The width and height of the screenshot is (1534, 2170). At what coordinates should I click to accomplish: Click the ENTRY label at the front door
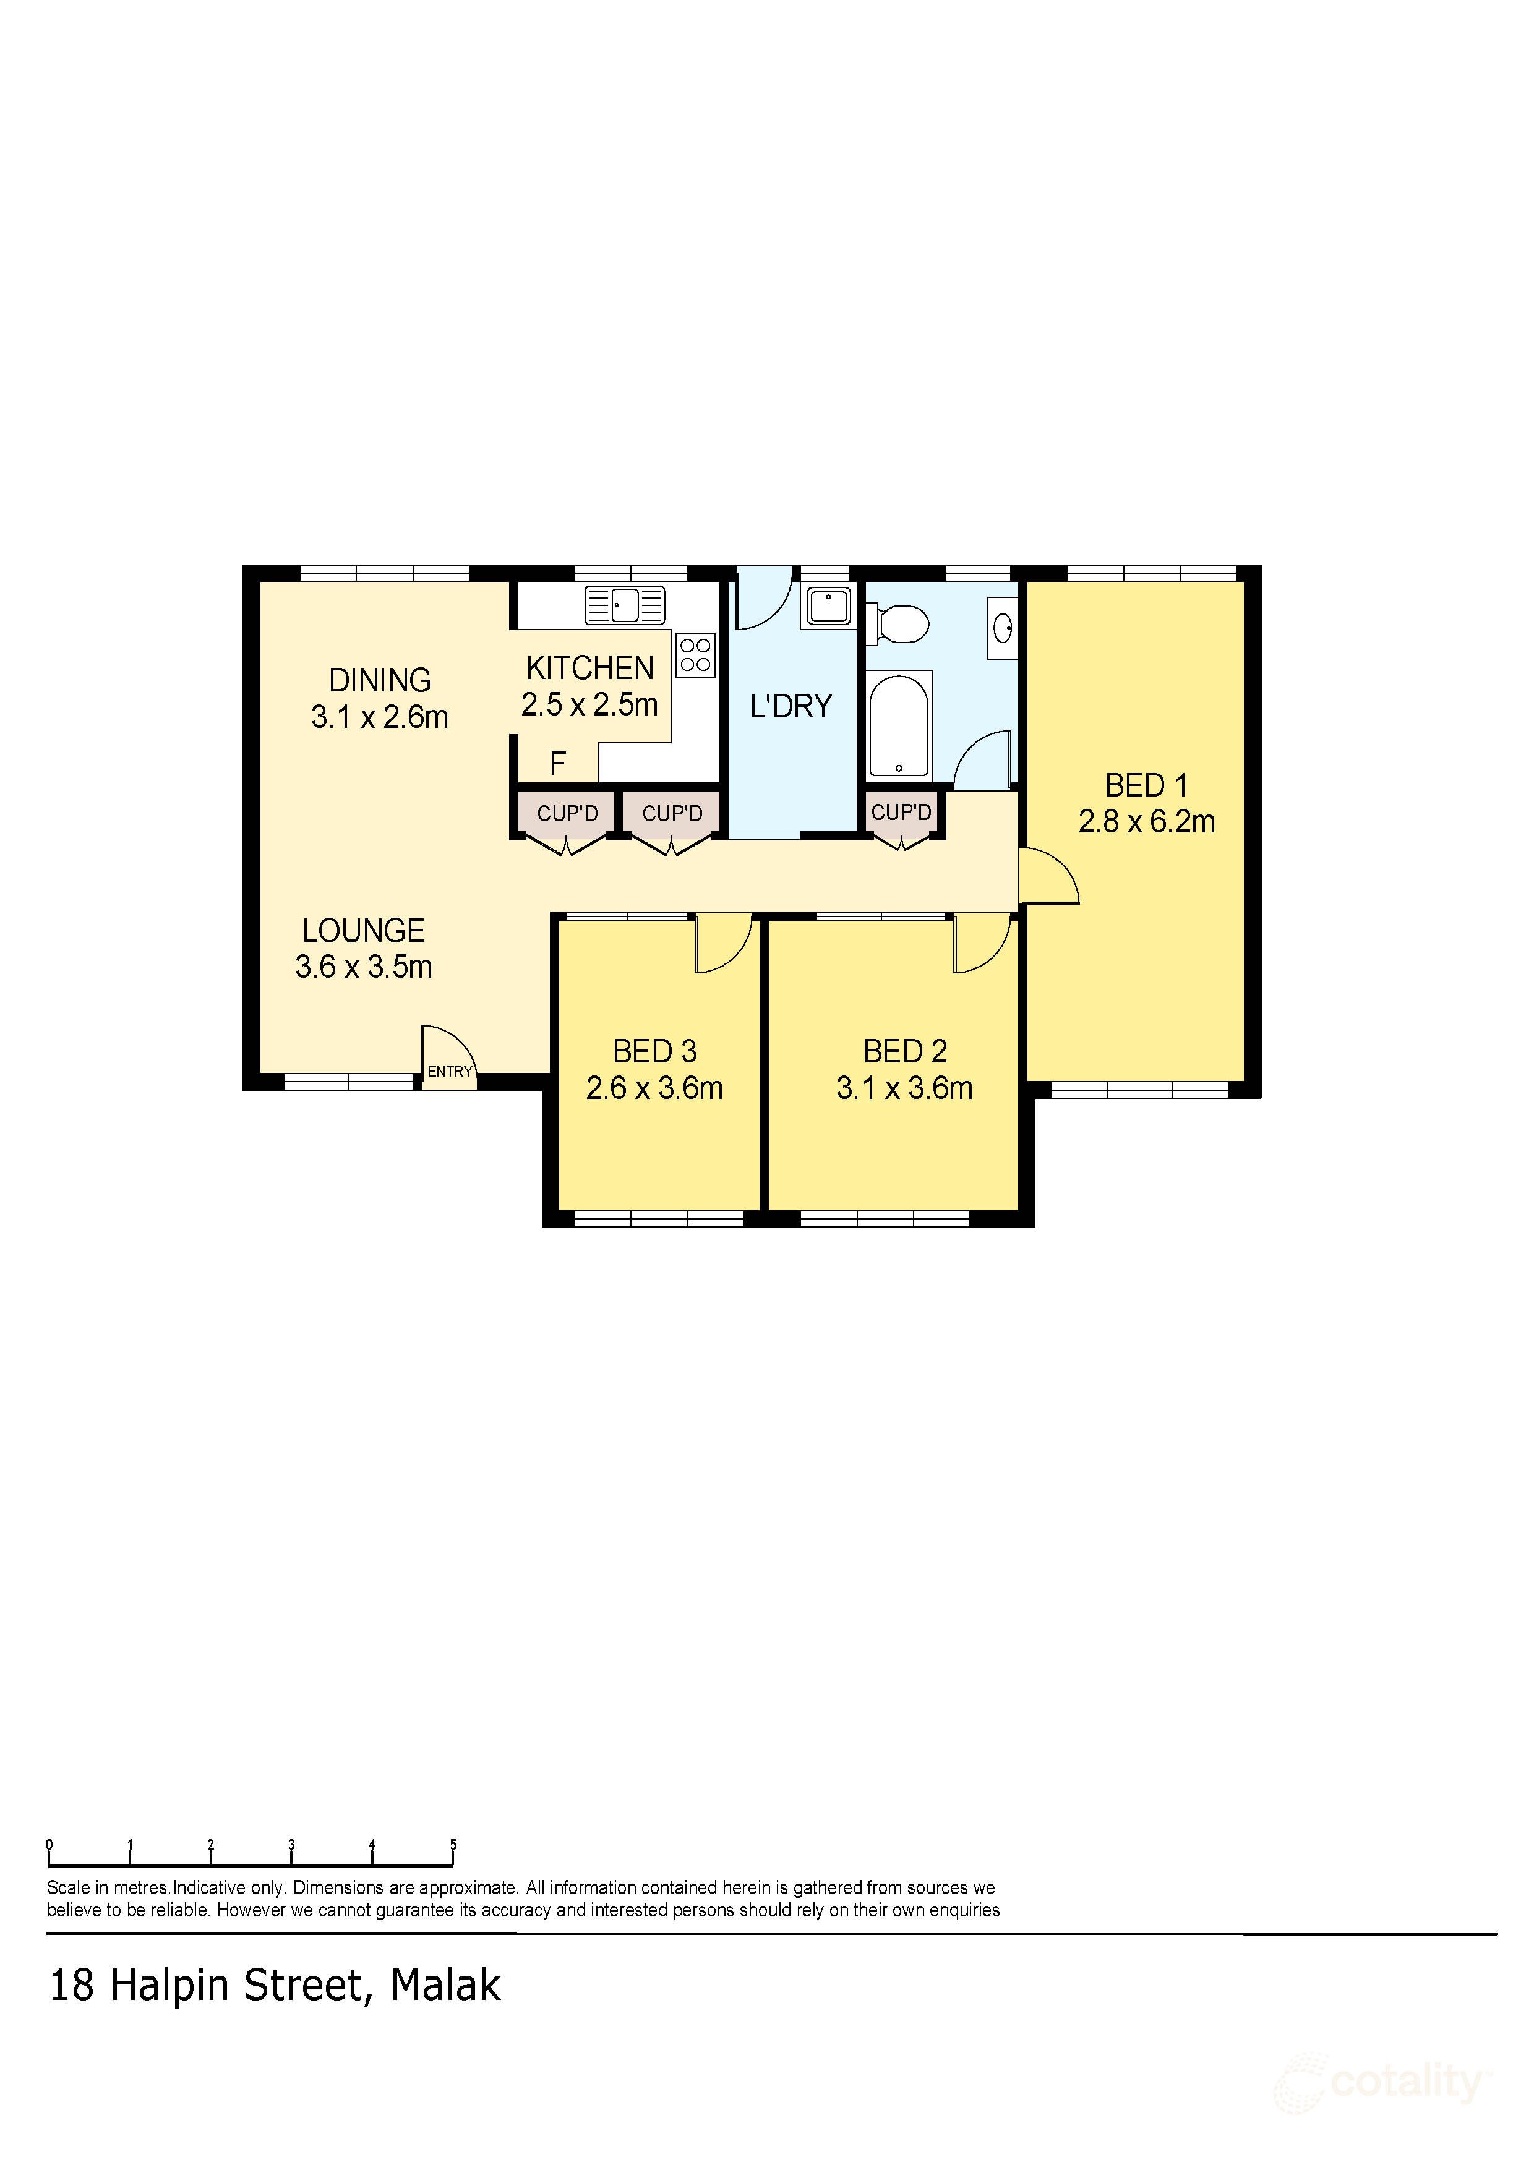[x=449, y=1071]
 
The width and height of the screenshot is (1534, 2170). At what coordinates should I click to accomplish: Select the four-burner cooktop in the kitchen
[x=696, y=654]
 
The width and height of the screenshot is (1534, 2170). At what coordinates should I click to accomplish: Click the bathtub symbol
[x=899, y=725]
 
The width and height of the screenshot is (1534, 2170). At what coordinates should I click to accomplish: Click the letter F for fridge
[x=558, y=764]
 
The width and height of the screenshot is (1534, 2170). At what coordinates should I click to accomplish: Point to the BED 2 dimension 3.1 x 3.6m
[x=904, y=1088]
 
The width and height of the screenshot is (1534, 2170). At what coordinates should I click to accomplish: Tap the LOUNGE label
[x=363, y=930]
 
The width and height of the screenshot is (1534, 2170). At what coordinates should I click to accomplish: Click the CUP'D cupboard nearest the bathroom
[x=901, y=812]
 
